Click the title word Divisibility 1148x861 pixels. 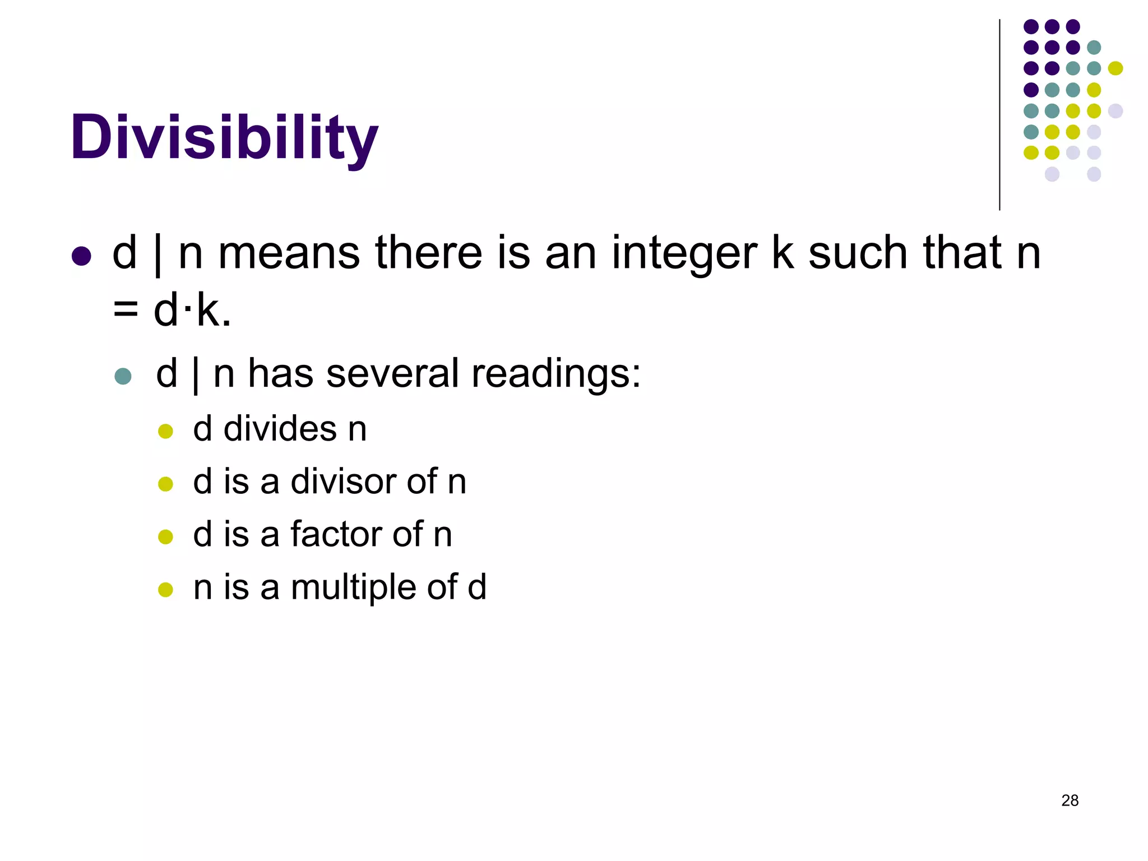pyautogui.click(x=224, y=137)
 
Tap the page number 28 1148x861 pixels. pyautogui.click(x=1070, y=800)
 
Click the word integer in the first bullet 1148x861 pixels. pyautogui.click(x=684, y=253)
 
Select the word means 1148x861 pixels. pyautogui.click(x=289, y=253)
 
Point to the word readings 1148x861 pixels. pyautogui.click(x=556, y=374)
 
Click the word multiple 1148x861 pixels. pyautogui.click(x=353, y=587)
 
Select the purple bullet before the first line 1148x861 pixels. pyautogui.click(x=82, y=256)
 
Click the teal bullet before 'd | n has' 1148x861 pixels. pyautogui.click(x=123, y=376)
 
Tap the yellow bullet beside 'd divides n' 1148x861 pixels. pyautogui.click(x=165, y=432)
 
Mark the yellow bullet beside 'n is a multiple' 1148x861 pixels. pyautogui.click(x=165, y=590)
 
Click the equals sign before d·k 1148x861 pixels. pyautogui.click(x=126, y=310)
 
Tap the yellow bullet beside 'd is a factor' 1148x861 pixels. pyautogui.click(x=165, y=537)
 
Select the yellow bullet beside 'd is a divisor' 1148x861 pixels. pyautogui.click(x=165, y=484)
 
